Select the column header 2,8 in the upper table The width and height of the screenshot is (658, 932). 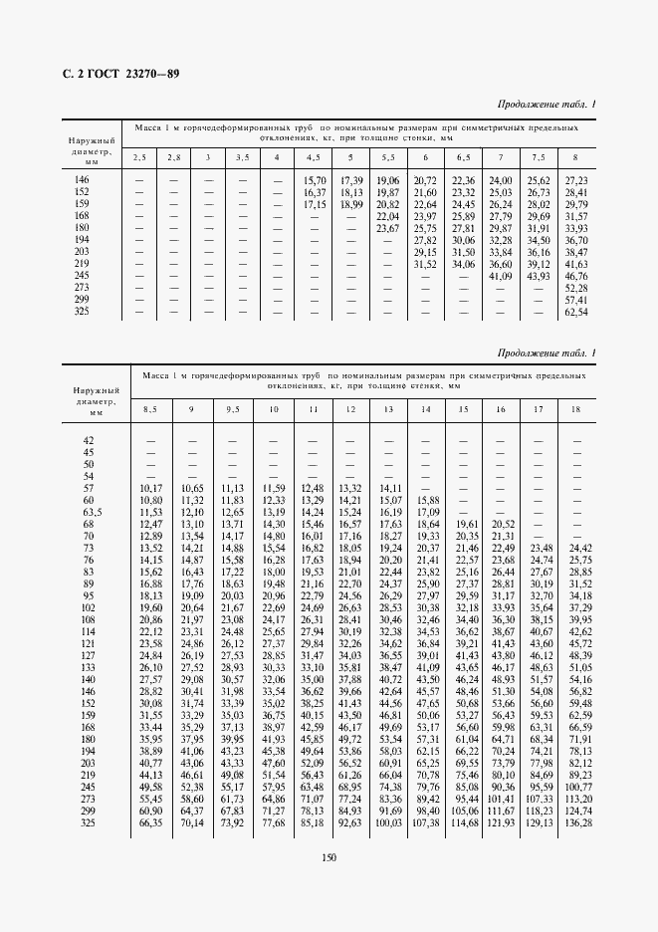pyautogui.click(x=173, y=157)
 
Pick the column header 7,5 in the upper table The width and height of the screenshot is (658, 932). pyautogui.click(x=538, y=157)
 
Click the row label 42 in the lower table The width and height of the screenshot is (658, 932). pyautogui.click(x=89, y=440)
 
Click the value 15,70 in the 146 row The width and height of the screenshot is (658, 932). pyautogui.click(x=315, y=179)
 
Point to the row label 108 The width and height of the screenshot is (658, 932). pyautogui.click(x=89, y=619)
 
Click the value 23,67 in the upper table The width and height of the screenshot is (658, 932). pyautogui.click(x=388, y=228)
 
